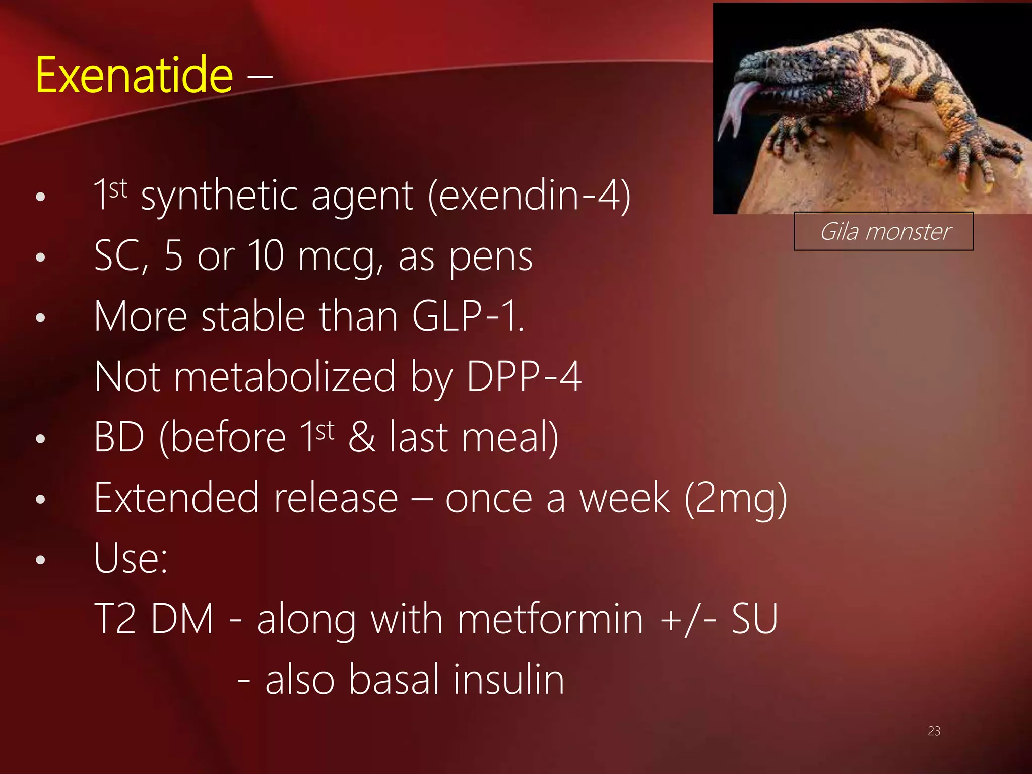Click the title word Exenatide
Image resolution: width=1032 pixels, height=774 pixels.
(x=134, y=76)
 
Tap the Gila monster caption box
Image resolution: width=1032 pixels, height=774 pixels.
(x=883, y=232)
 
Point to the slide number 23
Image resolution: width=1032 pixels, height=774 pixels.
(x=934, y=731)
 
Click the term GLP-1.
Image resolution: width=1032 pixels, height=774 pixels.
(x=467, y=317)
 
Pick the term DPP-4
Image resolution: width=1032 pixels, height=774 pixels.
(x=524, y=377)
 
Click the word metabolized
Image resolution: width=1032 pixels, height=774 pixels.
(x=285, y=377)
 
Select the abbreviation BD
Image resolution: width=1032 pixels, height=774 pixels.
(x=120, y=437)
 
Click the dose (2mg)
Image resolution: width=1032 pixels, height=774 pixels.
(x=736, y=499)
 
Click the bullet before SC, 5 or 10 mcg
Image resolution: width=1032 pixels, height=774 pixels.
(x=41, y=257)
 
